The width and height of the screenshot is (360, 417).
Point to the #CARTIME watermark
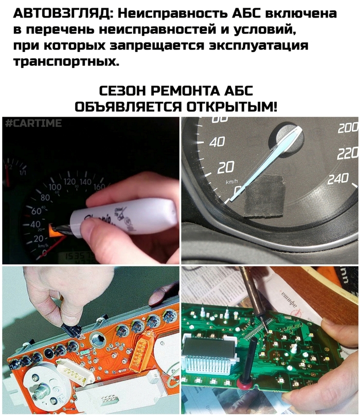(33, 123)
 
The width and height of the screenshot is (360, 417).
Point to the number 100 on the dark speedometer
(55, 186)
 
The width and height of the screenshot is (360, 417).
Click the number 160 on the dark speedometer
(99, 186)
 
